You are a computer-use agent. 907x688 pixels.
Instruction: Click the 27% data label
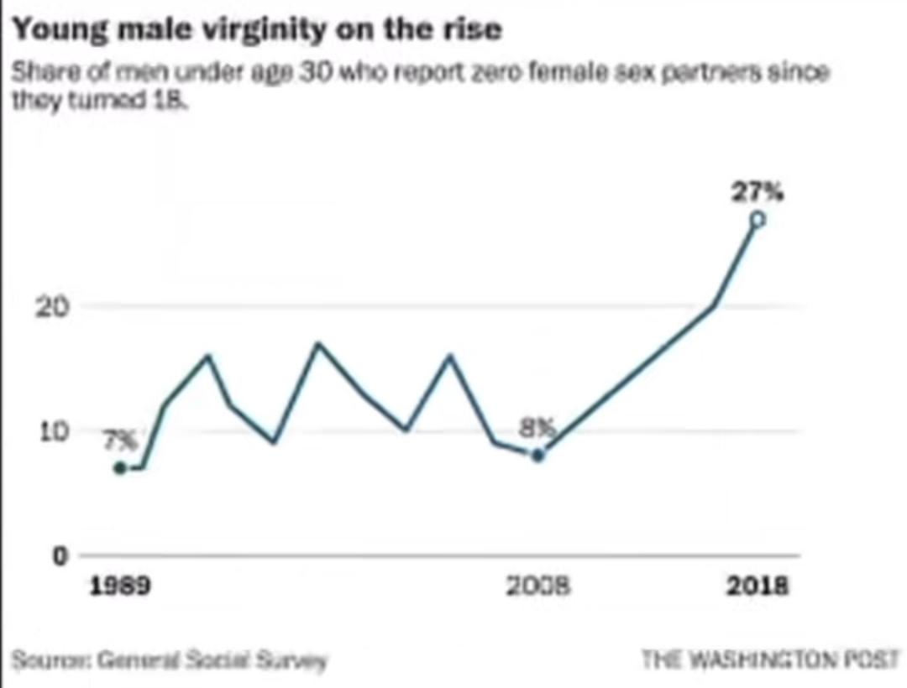tap(758, 191)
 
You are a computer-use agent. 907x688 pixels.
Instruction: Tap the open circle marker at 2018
tap(758, 220)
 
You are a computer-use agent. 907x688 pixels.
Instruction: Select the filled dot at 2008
tap(538, 456)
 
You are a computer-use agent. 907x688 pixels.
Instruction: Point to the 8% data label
tap(537, 428)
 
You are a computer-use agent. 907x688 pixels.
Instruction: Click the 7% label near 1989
tap(121, 440)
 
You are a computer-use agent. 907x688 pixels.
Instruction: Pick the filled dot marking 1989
tap(120, 468)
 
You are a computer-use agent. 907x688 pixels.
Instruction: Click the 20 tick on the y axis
tap(52, 307)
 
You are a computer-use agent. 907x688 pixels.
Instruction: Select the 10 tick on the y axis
tap(54, 431)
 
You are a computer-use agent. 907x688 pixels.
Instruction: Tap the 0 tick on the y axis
tap(60, 555)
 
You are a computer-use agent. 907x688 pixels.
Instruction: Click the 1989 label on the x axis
tap(120, 586)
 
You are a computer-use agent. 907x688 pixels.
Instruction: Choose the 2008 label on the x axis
tap(538, 586)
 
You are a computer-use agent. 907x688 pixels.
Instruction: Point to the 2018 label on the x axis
tap(758, 586)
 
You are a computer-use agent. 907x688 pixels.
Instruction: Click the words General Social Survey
tap(212, 659)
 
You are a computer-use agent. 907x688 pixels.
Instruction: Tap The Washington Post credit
tap(771, 659)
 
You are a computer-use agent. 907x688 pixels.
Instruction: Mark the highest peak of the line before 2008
tap(317, 344)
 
